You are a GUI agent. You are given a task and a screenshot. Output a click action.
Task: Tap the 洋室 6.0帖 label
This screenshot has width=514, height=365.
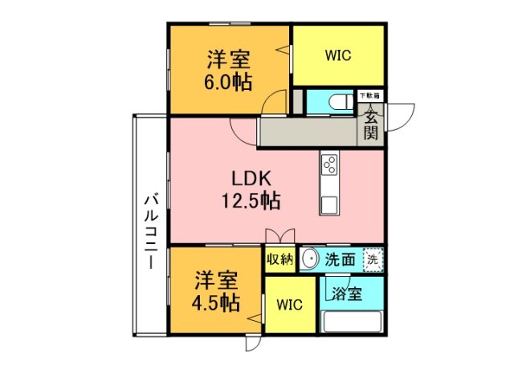(x=229, y=71)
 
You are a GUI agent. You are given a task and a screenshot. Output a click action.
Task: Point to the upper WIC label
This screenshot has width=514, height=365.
(x=338, y=56)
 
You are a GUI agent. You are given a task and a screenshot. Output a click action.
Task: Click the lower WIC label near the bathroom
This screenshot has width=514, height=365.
(x=290, y=306)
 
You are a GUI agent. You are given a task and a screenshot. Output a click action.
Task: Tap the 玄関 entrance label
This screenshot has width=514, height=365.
(x=370, y=124)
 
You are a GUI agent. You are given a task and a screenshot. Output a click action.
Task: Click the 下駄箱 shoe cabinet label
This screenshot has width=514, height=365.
(x=370, y=95)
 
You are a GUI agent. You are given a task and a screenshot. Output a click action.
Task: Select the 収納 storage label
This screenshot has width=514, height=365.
(x=279, y=259)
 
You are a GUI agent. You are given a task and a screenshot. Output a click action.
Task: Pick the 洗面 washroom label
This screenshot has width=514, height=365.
(x=340, y=259)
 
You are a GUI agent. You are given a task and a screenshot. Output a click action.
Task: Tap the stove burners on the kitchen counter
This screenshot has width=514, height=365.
(x=328, y=165)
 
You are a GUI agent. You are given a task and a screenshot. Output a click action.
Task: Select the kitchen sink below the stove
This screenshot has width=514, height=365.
(x=328, y=203)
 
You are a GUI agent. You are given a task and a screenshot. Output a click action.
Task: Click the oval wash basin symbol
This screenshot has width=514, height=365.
(x=310, y=259)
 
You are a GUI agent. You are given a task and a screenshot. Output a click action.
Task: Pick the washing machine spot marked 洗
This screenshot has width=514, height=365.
(x=373, y=259)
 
